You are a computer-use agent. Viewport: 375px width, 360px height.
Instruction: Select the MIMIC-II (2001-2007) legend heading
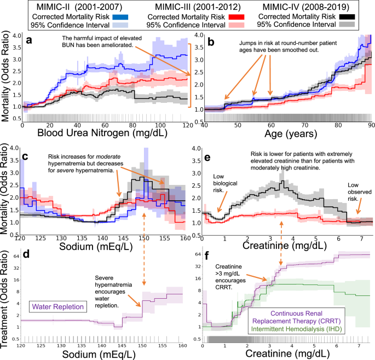[x=64, y=8]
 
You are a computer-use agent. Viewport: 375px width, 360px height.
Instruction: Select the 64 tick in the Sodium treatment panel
[x=13, y=254]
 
